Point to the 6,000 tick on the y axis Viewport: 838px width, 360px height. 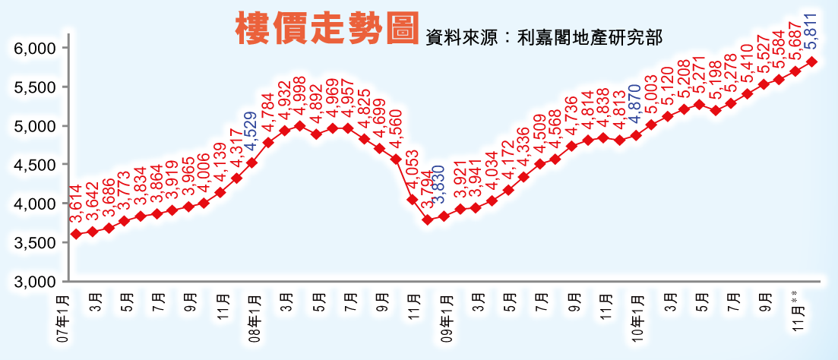(36, 48)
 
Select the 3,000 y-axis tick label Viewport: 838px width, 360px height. (36, 282)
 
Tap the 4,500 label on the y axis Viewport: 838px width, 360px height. (36, 165)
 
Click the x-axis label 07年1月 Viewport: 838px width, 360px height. (64, 322)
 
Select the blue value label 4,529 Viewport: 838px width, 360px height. (251, 130)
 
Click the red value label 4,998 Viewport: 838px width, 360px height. (300, 96)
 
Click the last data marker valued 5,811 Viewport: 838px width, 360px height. (811, 62)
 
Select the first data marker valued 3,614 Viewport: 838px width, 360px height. (76, 234)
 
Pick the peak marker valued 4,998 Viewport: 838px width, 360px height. (299, 125)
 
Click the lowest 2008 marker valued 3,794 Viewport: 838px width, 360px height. (428, 219)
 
